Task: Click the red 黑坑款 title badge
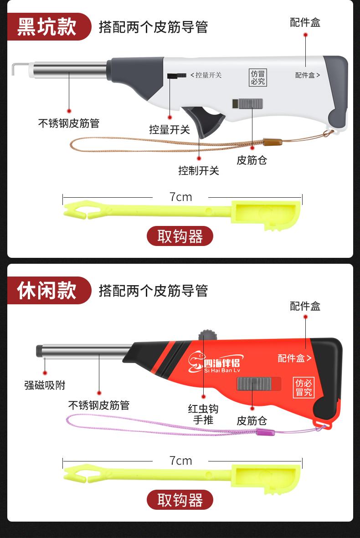click(49, 27)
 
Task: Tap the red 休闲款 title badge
click(49, 290)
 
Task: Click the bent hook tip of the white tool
click(13, 69)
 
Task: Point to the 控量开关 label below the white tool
click(170, 129)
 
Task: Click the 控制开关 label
click(199, 170)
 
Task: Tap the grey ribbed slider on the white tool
click(251, 103)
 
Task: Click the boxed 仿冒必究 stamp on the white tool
click(258, 77)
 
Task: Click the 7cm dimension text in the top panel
click(180, 197)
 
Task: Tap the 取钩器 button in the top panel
click(180, 236)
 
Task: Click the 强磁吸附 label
click(45, 385)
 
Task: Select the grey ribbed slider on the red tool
click(254, 384)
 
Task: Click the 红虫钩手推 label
click(203, 414)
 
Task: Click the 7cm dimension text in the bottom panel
click(180, 461)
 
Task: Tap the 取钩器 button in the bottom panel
click(180, 500)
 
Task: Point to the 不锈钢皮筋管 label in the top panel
click(69, 123)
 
